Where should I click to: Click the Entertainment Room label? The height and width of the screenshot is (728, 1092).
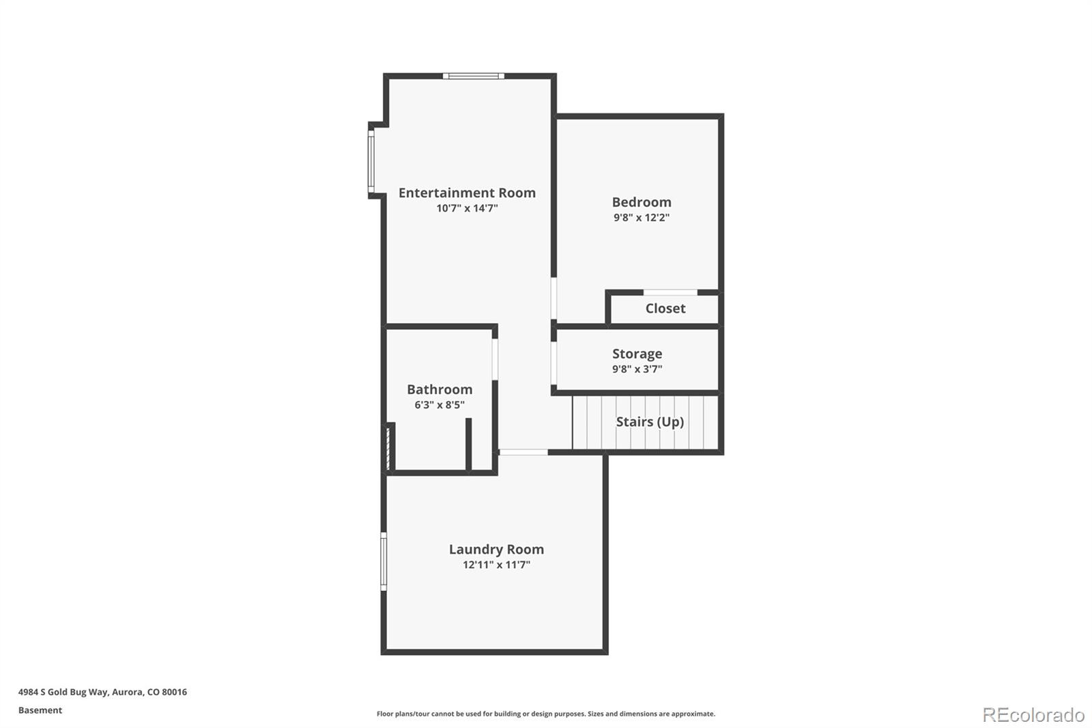click(x=467, y=193)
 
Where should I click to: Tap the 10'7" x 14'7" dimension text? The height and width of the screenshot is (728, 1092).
click(x=467, y=208)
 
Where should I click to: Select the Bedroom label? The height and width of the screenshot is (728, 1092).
click(x=641, y=202)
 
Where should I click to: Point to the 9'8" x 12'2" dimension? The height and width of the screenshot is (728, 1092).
click(x=641, y=218)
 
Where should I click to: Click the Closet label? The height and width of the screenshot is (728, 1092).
click(x=665, y=309)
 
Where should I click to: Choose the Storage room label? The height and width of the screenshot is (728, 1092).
click(x=637, y=354)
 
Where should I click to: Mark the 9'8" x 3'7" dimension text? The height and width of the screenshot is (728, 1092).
click(x=637, y=369)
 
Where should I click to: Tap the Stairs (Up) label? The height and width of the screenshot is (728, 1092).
click(x=650, y=422)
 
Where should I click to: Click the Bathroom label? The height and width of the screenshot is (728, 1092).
click(x=440, y=389)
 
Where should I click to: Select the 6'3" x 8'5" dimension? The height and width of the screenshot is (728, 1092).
click(x=440, y=405)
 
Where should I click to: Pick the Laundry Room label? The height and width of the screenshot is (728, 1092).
click(x=496, y=549)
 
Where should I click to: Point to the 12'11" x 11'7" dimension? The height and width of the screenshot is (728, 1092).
click(x=496, y=565)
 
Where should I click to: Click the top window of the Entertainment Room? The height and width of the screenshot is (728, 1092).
click(x=473, y=76)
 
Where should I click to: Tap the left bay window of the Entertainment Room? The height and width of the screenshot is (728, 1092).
click(x=371, y=162)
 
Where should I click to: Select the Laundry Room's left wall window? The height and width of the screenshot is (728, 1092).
click(x=384, y=561)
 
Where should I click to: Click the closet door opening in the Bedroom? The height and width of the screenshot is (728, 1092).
click(x=670, y=292)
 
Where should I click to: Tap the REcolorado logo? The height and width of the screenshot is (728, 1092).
click(x=1033, y=715)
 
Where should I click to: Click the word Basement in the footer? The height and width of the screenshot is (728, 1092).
click(x=40, y=710)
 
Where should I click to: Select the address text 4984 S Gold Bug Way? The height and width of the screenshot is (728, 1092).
click(x=63, y=692)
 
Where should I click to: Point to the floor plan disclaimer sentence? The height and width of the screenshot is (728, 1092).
click(x=546, y=714)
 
